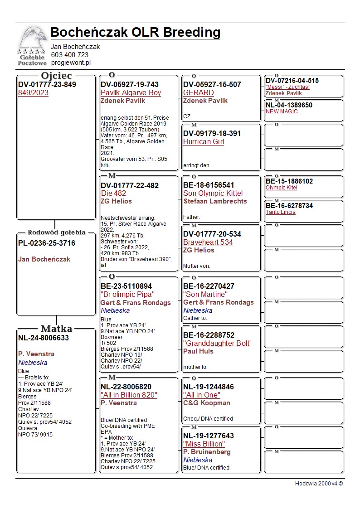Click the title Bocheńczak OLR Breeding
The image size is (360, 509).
(135, 33)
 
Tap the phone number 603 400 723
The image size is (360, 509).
(69, 55)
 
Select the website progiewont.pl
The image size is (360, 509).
(71, 63)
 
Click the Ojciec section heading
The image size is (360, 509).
(56, 76)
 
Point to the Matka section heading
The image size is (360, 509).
(56, 329)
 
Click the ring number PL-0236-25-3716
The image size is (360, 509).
(47, 243)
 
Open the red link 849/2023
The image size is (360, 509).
(33, 93)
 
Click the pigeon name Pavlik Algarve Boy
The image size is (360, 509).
(131, 93)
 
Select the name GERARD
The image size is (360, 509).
(198, 93)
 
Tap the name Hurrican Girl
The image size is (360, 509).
(204, 142)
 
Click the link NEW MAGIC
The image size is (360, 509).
(282, 111)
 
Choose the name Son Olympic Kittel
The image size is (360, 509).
(213, 194)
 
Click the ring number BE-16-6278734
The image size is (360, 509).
(289, 206)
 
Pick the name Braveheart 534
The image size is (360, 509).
(208, 242)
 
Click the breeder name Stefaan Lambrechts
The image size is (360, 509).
(215, 201)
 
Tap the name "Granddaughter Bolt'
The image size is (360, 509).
(217, 344)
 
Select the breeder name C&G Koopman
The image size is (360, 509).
(206, 403)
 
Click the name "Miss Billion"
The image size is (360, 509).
(204, 444)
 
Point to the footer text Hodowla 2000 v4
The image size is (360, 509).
(319, 484)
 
